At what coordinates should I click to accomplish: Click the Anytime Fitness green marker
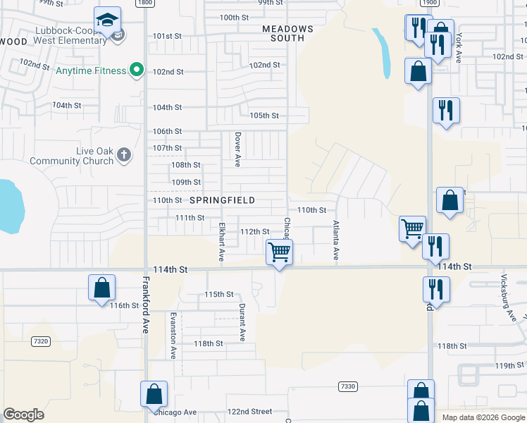click(x=137, y=70)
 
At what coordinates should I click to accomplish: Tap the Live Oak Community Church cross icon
click(x=124, y=155)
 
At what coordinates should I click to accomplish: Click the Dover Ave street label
click(x=238, y=149)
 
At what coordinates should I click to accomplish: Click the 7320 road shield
click(x=41, y=341)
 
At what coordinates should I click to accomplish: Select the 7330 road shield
click(x=347, y=386)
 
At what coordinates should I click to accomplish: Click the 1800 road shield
click(x=145, y=3)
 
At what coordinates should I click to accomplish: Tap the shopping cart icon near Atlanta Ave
click(x=413, y=228)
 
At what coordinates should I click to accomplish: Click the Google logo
click(x=23, y=415)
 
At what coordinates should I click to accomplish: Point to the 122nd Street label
click(x=249, y=411)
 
